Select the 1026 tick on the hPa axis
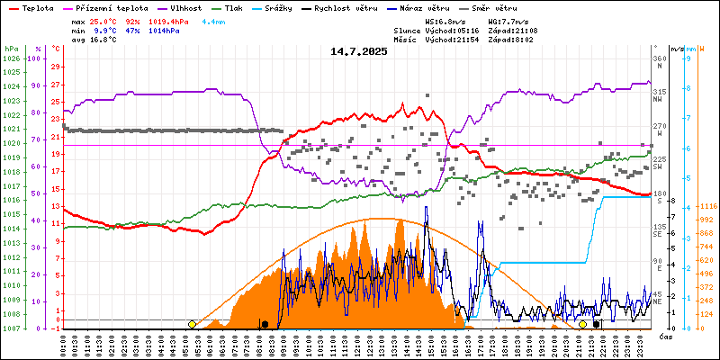pos(11,58)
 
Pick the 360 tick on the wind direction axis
pos(659,58)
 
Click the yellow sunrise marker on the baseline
pos(192,324)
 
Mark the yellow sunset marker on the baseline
pos(582,324)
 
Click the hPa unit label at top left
pos(11,48)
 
